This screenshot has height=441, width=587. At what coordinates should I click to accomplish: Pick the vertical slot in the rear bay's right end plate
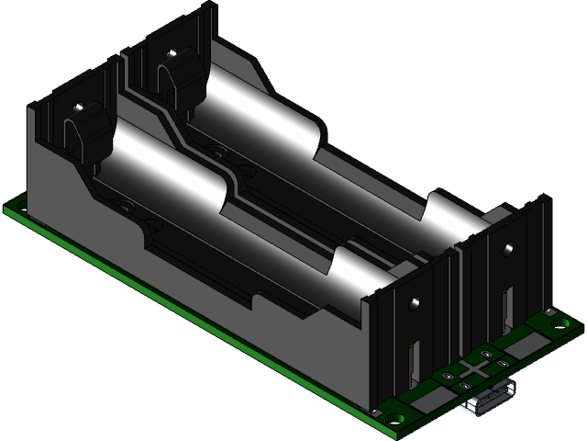point(505,308)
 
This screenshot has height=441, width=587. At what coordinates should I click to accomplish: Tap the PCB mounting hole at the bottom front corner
point(395,418)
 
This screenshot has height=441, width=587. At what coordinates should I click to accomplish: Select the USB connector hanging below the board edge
point(486,403)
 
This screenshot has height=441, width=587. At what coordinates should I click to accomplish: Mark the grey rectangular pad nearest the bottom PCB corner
point(426,400)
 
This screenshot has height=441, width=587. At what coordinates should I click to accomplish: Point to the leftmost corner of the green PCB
point(7,209)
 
